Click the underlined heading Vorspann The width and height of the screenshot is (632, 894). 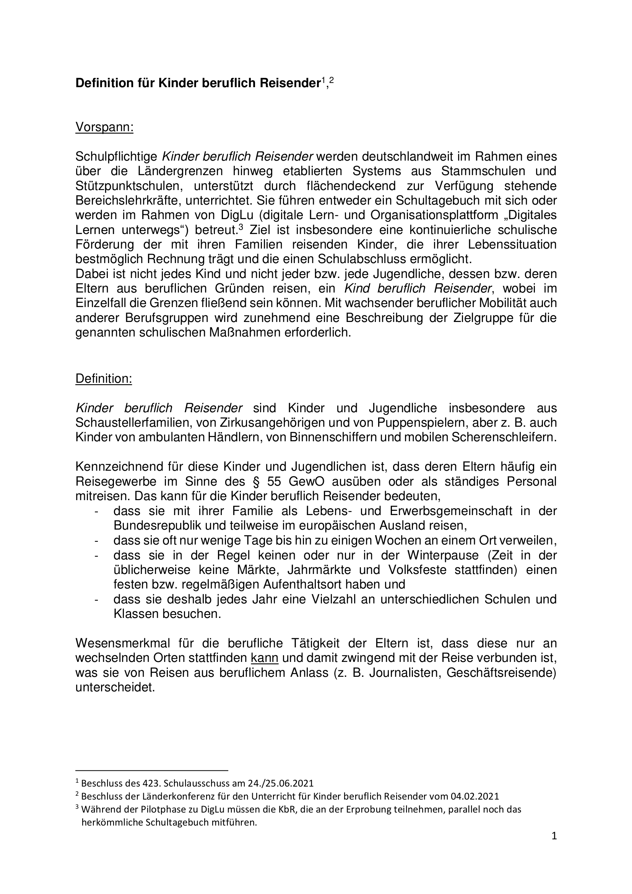(104, 127)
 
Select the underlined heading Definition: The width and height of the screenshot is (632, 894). (104, 379)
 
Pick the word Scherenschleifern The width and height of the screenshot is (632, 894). (504, 437)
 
